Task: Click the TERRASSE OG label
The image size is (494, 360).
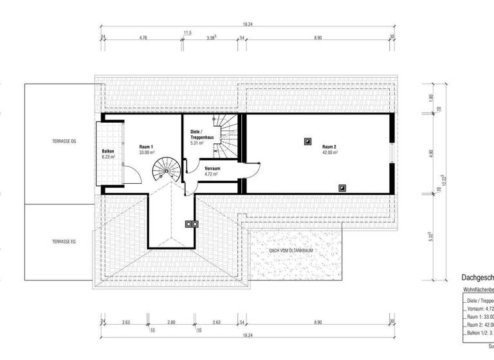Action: [x=64, y=141]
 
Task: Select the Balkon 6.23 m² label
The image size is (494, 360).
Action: [x=107, y=153]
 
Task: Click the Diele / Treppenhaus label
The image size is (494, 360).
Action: [x=199, y=137]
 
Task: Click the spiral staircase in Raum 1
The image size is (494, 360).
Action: [x=163, y=172]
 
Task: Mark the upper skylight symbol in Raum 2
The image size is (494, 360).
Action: [x=308, y=139]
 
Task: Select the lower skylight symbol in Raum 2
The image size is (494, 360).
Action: [x=342, y=188]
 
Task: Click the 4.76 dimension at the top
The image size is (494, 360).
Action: [x=143, y=39]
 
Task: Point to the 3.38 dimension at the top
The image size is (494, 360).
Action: [x=212, y=39]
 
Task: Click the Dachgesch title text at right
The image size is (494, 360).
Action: [x=477, y=278]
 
